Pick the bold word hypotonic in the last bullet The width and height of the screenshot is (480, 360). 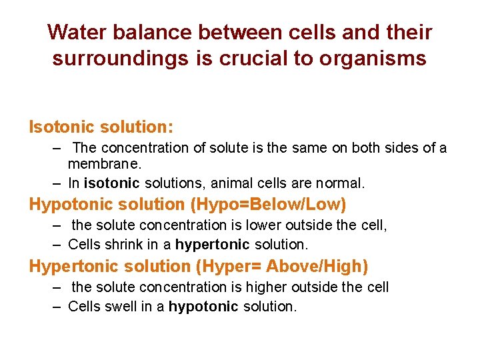(203, 307)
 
